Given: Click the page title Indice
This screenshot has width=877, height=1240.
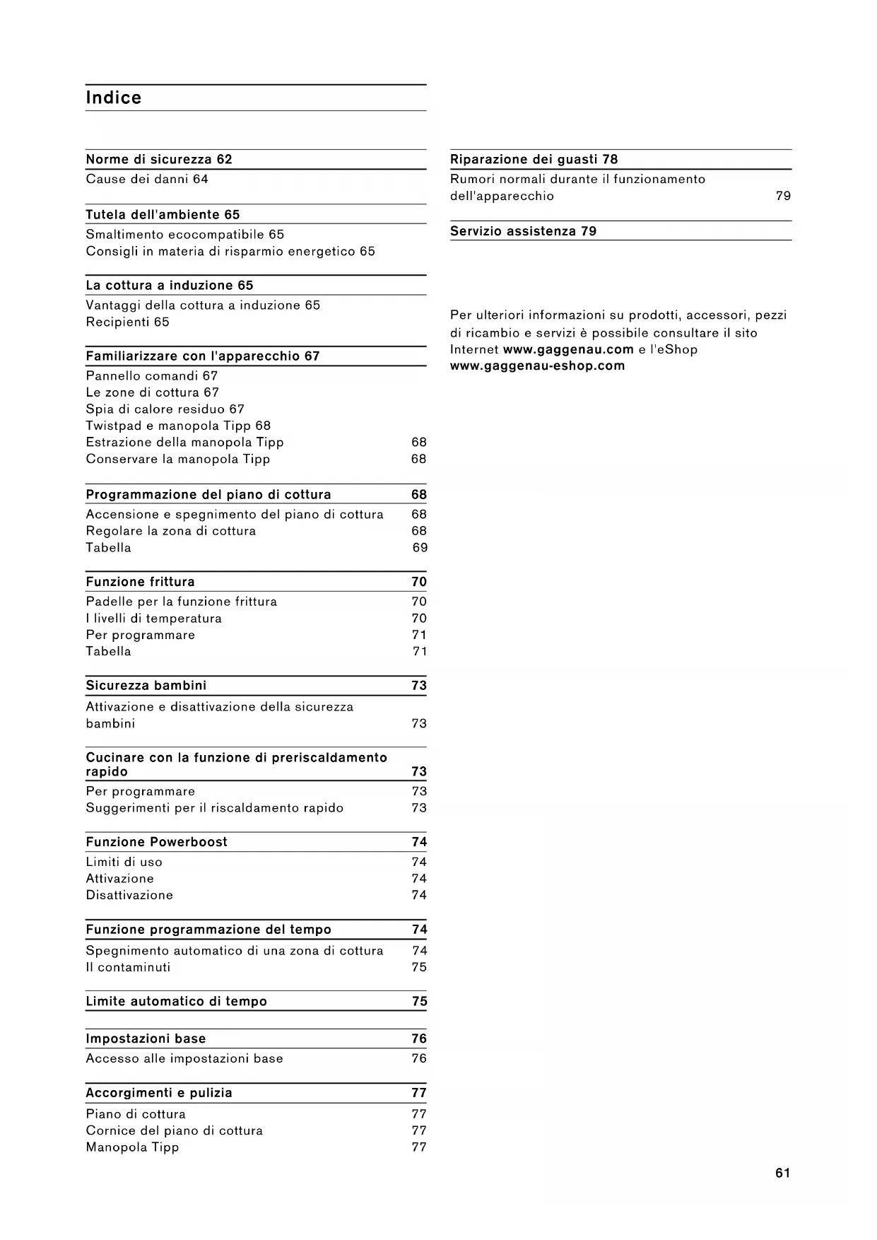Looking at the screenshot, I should pyautogui.click(x=114, y=98).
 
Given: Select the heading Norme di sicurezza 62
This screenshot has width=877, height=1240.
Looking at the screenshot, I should pyautogui.click(x=159, y=160).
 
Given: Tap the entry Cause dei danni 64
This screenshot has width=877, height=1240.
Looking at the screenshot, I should pyautogui.click(x=147, y=180).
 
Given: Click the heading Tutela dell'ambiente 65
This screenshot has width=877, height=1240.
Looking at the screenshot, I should pyautogui.click(x=163, y=215).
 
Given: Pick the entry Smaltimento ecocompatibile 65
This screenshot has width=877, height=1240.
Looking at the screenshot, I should pyautogui.click(x=184, y=235).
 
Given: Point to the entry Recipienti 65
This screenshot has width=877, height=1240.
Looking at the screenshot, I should pyautogui.click(x=127, y=322).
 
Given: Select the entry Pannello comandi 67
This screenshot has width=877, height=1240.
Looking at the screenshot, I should pyautogui.click(x=151, y=376).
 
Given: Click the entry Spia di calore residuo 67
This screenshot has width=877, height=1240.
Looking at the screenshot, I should pyautogui.click(x=165, y=409).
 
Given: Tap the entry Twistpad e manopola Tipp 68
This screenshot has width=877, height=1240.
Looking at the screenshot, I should pyautogui.click(x=178, y=426).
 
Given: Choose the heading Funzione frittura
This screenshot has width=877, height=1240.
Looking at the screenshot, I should pyautogui.click(x=140, y=582).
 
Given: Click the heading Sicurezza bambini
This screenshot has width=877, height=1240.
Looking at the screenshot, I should pyautogui.click(x=146, y=686).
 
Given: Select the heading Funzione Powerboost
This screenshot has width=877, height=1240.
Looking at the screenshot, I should pyautogui.click(x=156, y=842).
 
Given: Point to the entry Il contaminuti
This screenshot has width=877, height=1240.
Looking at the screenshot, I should pyautogui.click(x=128, y=968).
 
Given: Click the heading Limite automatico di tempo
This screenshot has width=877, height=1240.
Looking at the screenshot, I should pyautogui.click(x=176, y=1002).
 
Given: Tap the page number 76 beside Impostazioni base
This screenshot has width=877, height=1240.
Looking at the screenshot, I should pyautogui.click(x=419, y=1039).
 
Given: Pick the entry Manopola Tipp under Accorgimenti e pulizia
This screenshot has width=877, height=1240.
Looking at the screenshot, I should pyautogui.click(x=132, y=1147).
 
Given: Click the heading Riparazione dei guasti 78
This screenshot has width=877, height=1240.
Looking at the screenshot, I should pyautogui.click(x=534, y=160).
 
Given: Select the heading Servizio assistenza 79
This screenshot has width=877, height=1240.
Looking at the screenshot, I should pyautogui.click(x=523, y=231).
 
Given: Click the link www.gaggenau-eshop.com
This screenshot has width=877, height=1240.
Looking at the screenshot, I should pyautogui.click(x=537, y=366).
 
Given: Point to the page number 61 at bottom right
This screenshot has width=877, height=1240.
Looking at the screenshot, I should pyautogui.click(x=782, y=1174).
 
